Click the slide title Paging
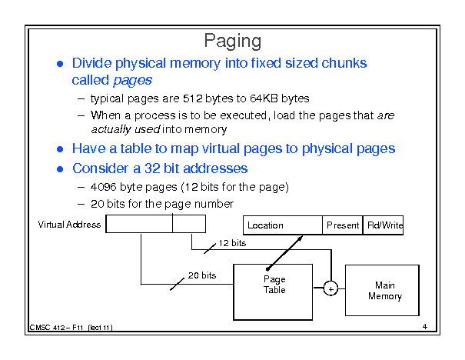pyautogui.click(x=233, y=42)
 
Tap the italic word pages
pyautogui.click(x=131, y=80)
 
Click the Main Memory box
pyautogui.click(x=382, y=290)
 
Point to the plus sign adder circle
pyautogui.click(x=330, y=288)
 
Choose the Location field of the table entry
pyautogui.click(x=282, y=225)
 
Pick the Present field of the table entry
pyautogui.click(x=342, y=225)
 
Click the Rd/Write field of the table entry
pyautogui.click(x=383, y=225)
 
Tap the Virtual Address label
pyautogui.click(x=69, y=225)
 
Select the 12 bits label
pyautogui.click(x=231, y=243)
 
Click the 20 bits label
pyautogui.click(x=202, y=275)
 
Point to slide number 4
pyautogui.click(x=424, y=327)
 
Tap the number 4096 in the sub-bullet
pyautogui.click(x=103, y=187)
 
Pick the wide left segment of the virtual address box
pyautogui.click(x=139, y=224)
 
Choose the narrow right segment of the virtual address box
pyautogui.click(x=189, y=224)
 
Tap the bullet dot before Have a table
pyautogui.click(x=61, y=149)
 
